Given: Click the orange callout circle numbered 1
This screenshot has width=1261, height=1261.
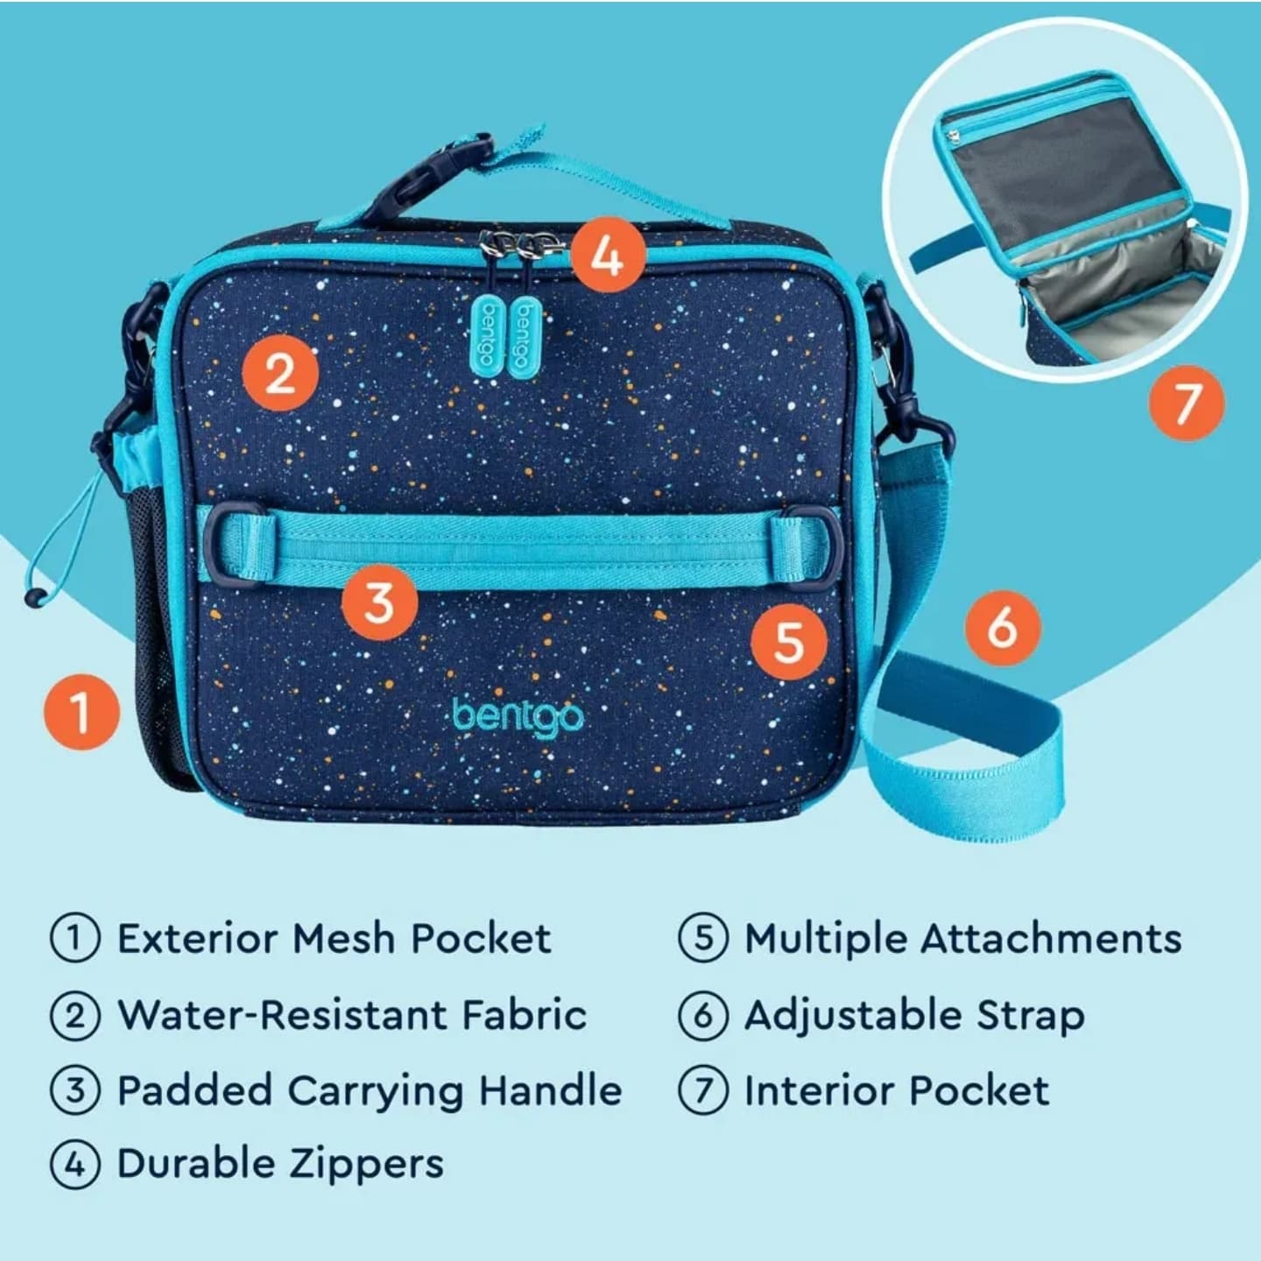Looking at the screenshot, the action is (81, 712).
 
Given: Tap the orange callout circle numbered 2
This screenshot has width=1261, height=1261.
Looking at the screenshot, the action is (281, 373).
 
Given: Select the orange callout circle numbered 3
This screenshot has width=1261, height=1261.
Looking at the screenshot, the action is (379, 602).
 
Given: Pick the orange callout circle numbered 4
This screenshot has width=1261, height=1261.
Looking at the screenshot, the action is (608, 255).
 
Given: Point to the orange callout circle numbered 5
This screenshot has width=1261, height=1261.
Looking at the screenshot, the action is (789, 641).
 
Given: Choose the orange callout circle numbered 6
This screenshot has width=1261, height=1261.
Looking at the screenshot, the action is (1003, 628).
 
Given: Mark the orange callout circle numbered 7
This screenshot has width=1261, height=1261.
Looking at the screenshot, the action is (1187, 402).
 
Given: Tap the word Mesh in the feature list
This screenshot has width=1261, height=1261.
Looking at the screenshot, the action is (343, 939).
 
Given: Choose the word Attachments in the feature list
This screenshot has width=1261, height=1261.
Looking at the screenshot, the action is (1051, 939).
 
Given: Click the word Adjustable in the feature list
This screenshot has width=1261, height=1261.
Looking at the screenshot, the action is (853, 1017).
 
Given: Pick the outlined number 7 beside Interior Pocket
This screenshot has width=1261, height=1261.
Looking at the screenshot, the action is (703, 1089).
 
